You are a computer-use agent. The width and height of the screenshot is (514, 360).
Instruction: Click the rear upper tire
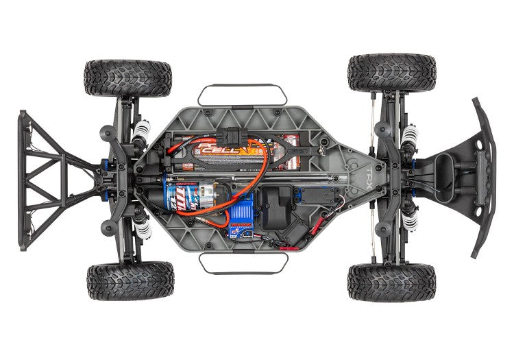(x=128, y=77)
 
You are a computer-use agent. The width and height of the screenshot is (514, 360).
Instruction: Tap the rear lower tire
(x=130, y=280)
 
